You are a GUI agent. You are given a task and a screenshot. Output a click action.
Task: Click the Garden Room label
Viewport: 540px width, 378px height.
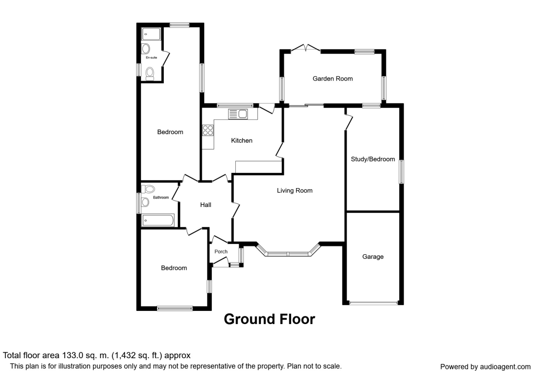[333, 79]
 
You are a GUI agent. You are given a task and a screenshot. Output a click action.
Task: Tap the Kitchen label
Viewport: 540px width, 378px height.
[242, 140]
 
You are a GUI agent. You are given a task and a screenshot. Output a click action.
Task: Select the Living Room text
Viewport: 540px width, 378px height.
[295, 191]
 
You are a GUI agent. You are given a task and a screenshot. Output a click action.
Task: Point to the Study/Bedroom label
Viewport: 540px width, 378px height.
[373, 159]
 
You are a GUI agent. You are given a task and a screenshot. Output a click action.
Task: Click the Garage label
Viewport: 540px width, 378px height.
[373, 257]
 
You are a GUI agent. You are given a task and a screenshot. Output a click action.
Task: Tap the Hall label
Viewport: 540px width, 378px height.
[206, 205]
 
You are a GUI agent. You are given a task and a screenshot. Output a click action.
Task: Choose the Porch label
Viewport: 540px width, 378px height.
[221, 252]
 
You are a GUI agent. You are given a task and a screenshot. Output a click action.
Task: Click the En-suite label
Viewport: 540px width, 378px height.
[151, 58]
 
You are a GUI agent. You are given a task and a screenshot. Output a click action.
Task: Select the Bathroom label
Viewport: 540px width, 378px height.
[161, 198]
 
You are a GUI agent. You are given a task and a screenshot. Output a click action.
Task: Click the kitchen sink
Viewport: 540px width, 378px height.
[238, 114]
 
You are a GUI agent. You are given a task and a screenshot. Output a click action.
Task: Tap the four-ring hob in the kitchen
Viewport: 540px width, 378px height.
[208, 130]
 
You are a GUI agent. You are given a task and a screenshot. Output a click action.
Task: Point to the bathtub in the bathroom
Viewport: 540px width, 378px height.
[158, 220]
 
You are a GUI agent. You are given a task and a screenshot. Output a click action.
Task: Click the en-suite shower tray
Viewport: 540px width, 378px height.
[151, 34]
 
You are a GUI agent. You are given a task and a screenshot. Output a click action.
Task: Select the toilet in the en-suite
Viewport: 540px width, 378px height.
[150, 74]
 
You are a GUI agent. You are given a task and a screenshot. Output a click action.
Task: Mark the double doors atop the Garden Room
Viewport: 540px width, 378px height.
[306, 48]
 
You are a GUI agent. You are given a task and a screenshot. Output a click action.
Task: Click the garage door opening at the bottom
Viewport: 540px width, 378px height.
[373, 302]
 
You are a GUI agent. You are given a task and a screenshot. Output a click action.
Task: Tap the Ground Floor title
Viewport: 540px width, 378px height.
[270, 319]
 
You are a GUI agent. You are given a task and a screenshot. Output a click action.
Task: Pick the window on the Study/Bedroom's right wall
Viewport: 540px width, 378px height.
[401, 172]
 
